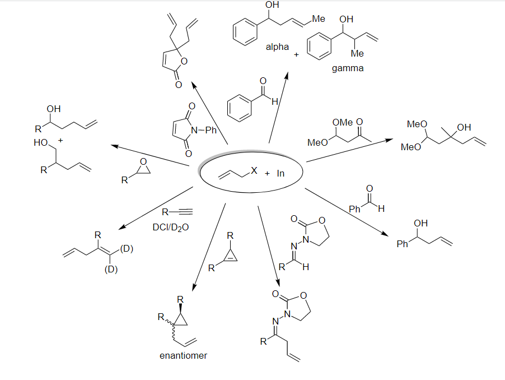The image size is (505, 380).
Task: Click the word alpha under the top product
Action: click(x=277, y=47)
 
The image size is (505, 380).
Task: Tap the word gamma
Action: click(x=348, y=68)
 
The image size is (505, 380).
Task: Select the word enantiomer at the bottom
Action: click(x=183, y=355)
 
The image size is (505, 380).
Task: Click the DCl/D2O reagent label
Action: click(x=171, y=228)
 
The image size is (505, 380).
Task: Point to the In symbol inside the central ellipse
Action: click(x=280, y=173)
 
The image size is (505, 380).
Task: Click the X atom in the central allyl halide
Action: click(x=254, y=170)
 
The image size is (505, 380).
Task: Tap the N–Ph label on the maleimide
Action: click(x=204, y=130)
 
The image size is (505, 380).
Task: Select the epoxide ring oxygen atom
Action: click(x=143, y=162)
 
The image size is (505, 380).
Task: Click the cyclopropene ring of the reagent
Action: click(x=231, y=256)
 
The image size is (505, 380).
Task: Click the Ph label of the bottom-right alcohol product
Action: click(x=402, y=244)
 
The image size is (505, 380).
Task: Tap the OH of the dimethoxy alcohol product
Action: click(x=464, y=127)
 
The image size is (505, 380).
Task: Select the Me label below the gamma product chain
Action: click(x=357, y=53)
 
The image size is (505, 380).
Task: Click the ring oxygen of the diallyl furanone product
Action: click(x=184, y=61)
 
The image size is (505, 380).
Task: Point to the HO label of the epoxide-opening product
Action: click(x=40, y=142)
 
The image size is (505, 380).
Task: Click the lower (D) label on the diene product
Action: click(x=111, y=269)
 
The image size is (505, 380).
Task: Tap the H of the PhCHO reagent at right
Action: click(x=381, y=209)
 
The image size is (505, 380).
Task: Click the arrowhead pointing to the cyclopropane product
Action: click(x=194, y=288)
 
